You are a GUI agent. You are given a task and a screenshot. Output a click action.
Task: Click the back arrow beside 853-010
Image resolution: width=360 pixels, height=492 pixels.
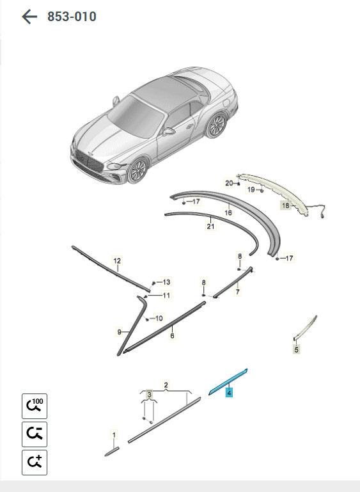point(29,17)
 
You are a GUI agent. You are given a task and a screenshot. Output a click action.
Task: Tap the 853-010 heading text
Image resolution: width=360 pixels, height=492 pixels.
point(72,17)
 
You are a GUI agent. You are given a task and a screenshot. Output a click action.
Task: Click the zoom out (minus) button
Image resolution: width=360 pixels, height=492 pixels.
point(35,434)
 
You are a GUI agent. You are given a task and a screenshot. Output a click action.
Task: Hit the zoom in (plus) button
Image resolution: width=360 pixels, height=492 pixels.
point(35,462)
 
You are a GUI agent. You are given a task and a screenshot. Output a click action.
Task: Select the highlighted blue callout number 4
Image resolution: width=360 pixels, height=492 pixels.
point(229,392)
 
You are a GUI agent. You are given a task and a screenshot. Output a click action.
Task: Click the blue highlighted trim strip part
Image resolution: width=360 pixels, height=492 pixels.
point(228,382)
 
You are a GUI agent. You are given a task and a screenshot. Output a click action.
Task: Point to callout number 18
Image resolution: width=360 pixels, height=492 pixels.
point(285,205)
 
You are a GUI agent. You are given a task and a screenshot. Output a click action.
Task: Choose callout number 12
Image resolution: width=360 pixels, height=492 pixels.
point(117,260)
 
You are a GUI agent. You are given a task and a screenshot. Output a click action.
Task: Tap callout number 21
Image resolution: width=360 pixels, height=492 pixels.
point(210,226)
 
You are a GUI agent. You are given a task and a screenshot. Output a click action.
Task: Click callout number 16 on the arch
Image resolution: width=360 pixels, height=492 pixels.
point(228,212)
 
